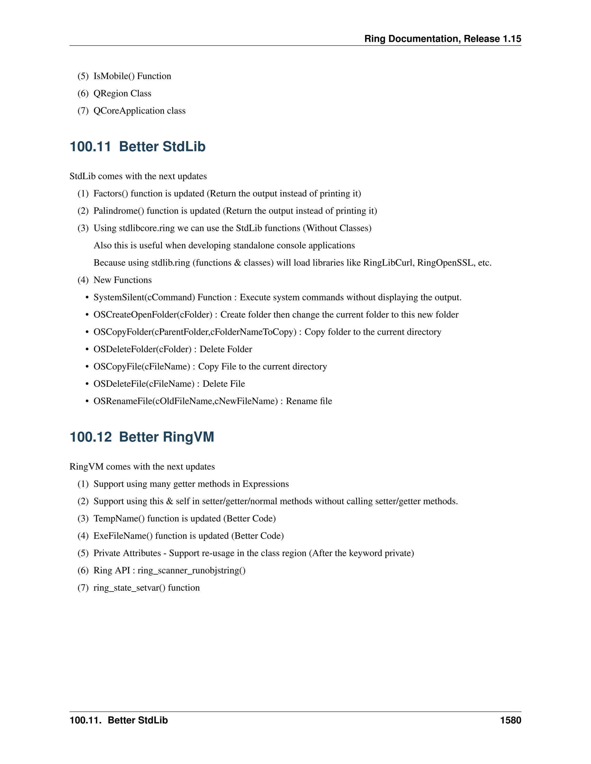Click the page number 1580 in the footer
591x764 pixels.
510,720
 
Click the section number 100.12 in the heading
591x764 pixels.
90,437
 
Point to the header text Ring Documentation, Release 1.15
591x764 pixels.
443,39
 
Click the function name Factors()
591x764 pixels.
111,194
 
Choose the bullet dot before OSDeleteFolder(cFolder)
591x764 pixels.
87,349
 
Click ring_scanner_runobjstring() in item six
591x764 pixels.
192,571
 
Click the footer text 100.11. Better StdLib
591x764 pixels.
119,720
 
